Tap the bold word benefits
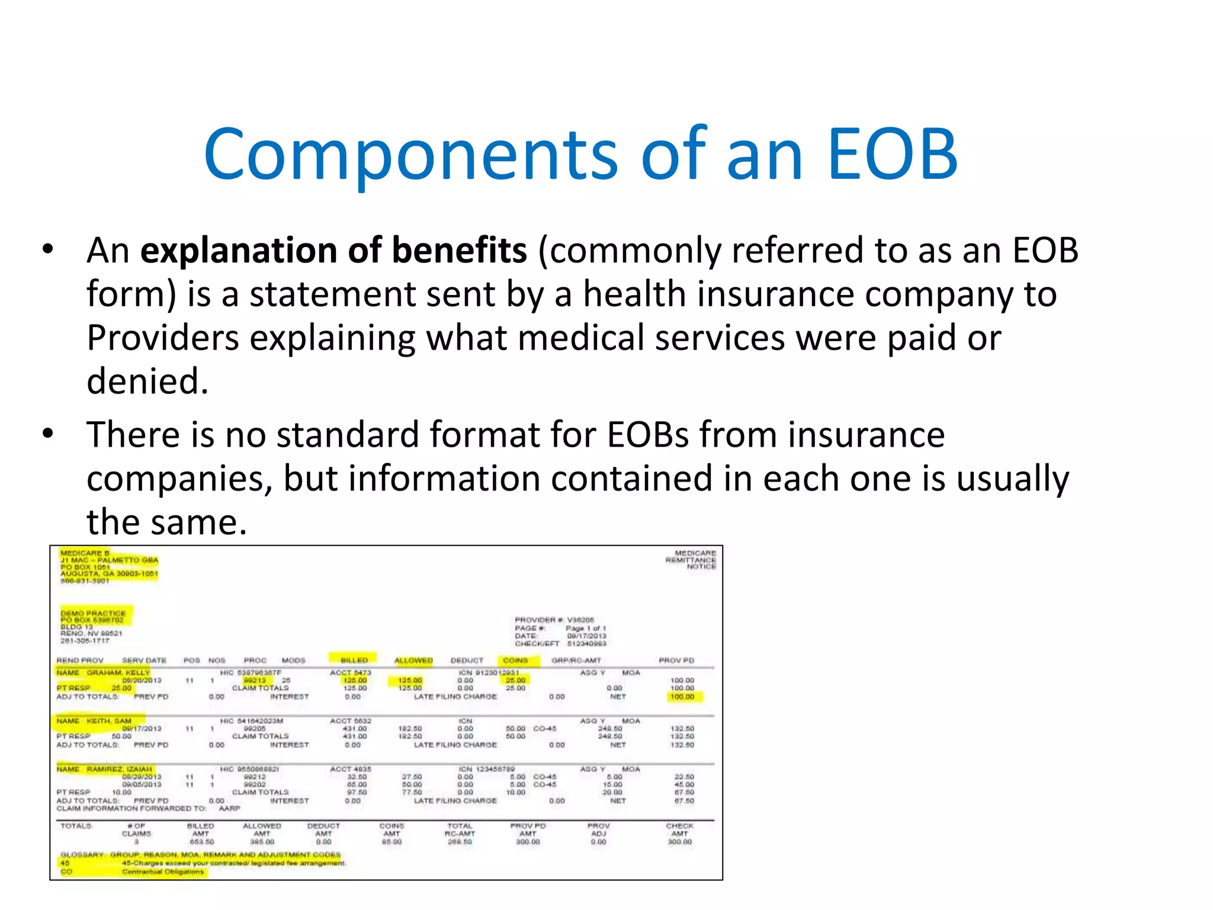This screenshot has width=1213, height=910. click(459, 251)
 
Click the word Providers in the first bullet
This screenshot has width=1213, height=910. click(163, 338)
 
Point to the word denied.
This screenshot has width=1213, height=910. click(147, 382)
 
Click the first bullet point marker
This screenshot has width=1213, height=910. click(48, 251)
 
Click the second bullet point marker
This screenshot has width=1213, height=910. click(48, 435)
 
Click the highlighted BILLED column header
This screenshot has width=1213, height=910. click(354, 660)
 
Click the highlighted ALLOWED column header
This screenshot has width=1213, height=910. click(413, 660)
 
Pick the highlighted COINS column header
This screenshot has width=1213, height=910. click(515, 660)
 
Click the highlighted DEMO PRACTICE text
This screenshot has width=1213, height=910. click(93, 613)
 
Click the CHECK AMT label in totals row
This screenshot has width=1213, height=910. click(679, 829)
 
